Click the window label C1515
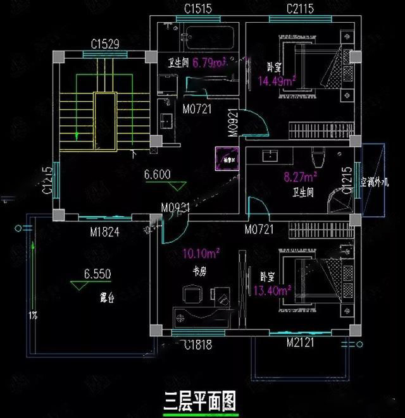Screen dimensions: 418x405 (197, 9)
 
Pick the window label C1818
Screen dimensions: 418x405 (197, 345)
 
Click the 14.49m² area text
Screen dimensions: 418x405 (277, 80)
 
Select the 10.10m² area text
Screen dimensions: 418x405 (201, 254)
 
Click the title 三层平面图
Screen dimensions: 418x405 (200, 400)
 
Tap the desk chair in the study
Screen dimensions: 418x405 (192, 296)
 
